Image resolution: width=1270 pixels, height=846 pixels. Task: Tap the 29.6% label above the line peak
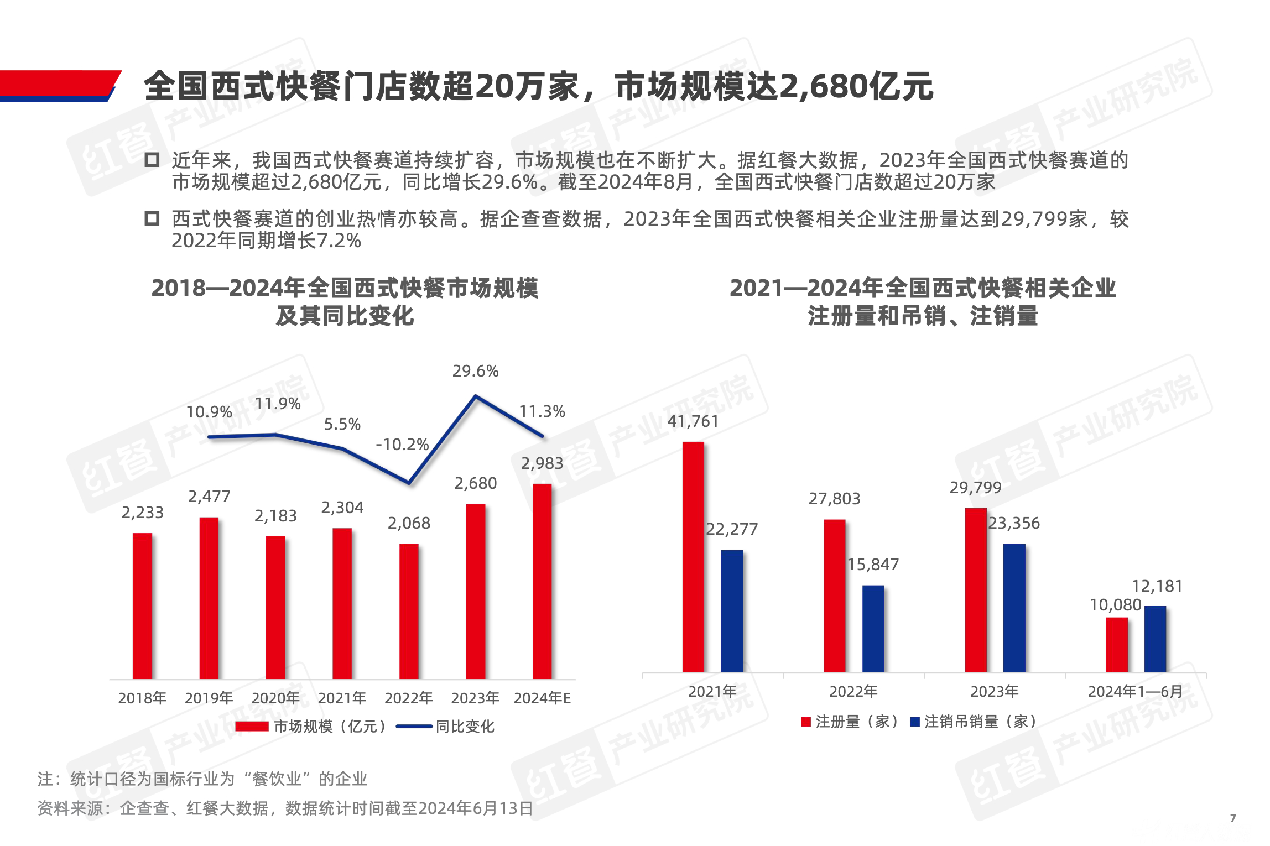pyautogui.click(x=475, y=371)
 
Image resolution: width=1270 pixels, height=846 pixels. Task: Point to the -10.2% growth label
pyautogui.click(x=402, y=445)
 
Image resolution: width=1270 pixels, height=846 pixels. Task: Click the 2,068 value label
pyautogui.click(x=409, y=523)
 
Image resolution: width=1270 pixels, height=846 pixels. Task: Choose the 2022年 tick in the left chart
pyautogui.click(x=408, y=698)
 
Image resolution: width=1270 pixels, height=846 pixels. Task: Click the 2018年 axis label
pyautogui.click(x=142, y=698)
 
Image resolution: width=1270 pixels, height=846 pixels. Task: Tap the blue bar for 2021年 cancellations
pyautogui.click(x=732, y=611)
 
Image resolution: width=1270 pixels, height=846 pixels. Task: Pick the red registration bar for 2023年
pyautogui.click(x=976, y=590)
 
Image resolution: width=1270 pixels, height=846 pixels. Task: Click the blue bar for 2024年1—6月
pyautogui.click(x=1155, y=639)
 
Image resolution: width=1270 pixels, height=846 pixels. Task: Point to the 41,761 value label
pyautogui.click(x=693, y=422)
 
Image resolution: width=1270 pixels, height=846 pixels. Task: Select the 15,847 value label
pyautogui.click(x=873, y=565)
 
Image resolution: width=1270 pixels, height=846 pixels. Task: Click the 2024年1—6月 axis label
pyautogui.click(x=1135, y=692)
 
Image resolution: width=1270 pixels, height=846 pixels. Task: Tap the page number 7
pyautogui.click(x=1233, y=818)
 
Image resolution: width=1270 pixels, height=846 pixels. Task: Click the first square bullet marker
pyautogui.click(x=152, y=160)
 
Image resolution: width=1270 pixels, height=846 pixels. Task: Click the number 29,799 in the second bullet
pyautogui.click(x=1029, y=220)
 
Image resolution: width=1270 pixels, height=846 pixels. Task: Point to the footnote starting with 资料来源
pyautogui.click(x=285, y=808)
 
